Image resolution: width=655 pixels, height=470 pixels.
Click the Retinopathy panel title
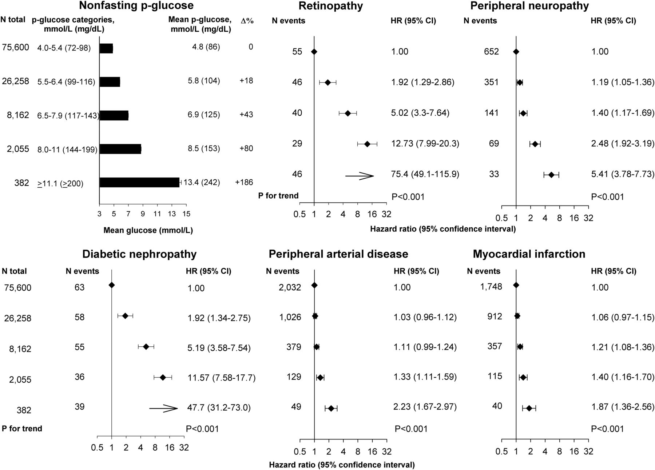tap(330, 6)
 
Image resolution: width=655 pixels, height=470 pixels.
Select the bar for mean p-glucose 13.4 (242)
tap(139, 182)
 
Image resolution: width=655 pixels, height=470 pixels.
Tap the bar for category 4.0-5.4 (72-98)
tap(106, 48)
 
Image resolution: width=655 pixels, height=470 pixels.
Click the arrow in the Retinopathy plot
tap(360, 176)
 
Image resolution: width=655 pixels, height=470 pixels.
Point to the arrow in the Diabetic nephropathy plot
tap(163, 409)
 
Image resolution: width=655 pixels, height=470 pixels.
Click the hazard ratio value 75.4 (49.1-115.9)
tap(425, 174)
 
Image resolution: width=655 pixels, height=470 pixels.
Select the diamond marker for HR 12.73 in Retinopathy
tap(367, 144)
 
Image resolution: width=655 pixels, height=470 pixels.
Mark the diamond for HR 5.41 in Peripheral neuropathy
tap(551, 175)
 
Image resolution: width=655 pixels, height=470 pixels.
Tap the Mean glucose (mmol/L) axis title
tap(148, 230)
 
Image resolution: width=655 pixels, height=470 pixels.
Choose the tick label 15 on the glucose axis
tap(186, 214)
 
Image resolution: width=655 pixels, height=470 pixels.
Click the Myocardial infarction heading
tap(529, 254)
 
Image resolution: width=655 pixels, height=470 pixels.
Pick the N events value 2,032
tap(290, 287)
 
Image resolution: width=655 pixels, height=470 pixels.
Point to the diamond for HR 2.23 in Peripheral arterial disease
tap(331, 409)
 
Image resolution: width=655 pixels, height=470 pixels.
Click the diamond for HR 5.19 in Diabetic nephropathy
tap(146, 347)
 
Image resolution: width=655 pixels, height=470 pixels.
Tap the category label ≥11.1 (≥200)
tap(60, 184)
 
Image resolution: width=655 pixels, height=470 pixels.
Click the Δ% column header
tap(247, 21)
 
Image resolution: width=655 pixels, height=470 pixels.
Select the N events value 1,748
tap(491, 287)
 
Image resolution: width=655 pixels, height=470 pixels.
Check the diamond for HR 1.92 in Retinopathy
tap(327, 83)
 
